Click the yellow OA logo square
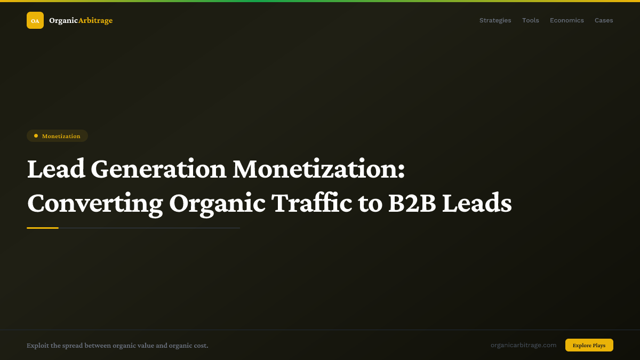pos(35,20)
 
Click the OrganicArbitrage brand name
pos(81,20)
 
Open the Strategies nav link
pos(495,20)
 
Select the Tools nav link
pos(531,20)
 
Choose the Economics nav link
pos(567,20)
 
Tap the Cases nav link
pos(604,20)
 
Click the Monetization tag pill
pos(57,136)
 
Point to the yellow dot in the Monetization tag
pos(36,136)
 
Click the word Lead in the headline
pos(56,170)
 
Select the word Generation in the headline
pos(158,170)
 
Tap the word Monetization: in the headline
pos(318,170)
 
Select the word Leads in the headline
pos(477,203)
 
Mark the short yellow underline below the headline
pos(43,228)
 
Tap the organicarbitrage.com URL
pos(523,345)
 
